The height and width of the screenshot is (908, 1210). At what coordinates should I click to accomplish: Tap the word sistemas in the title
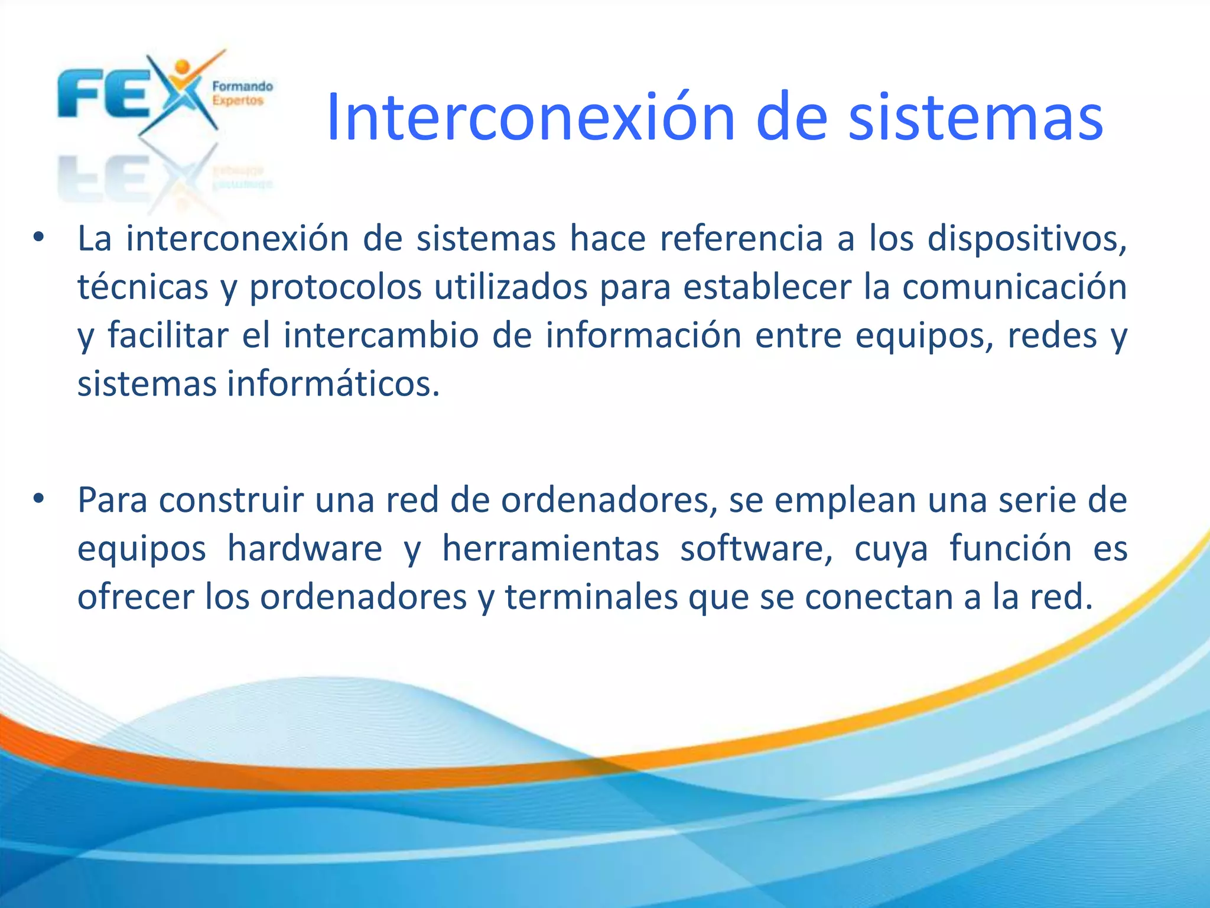975,118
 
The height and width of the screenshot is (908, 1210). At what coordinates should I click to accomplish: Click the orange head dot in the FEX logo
183,66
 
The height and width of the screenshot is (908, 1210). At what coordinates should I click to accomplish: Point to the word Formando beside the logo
242,86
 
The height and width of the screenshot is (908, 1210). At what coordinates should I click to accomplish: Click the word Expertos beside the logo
238,100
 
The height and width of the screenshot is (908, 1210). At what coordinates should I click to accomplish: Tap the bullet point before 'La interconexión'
39,238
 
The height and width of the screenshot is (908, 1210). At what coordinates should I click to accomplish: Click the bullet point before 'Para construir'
39,500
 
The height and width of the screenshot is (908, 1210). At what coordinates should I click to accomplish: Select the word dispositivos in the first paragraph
1027,239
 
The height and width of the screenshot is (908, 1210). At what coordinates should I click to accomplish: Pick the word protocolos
336,287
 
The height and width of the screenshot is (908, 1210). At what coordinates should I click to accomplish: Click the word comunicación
1014,287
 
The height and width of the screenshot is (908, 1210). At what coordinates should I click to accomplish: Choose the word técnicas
143,287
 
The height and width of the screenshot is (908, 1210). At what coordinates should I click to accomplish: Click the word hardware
305,549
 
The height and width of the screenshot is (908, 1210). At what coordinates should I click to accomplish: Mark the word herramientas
551,549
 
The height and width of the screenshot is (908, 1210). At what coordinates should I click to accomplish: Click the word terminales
591,597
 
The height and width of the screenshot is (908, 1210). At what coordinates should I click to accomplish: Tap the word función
1010,549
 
